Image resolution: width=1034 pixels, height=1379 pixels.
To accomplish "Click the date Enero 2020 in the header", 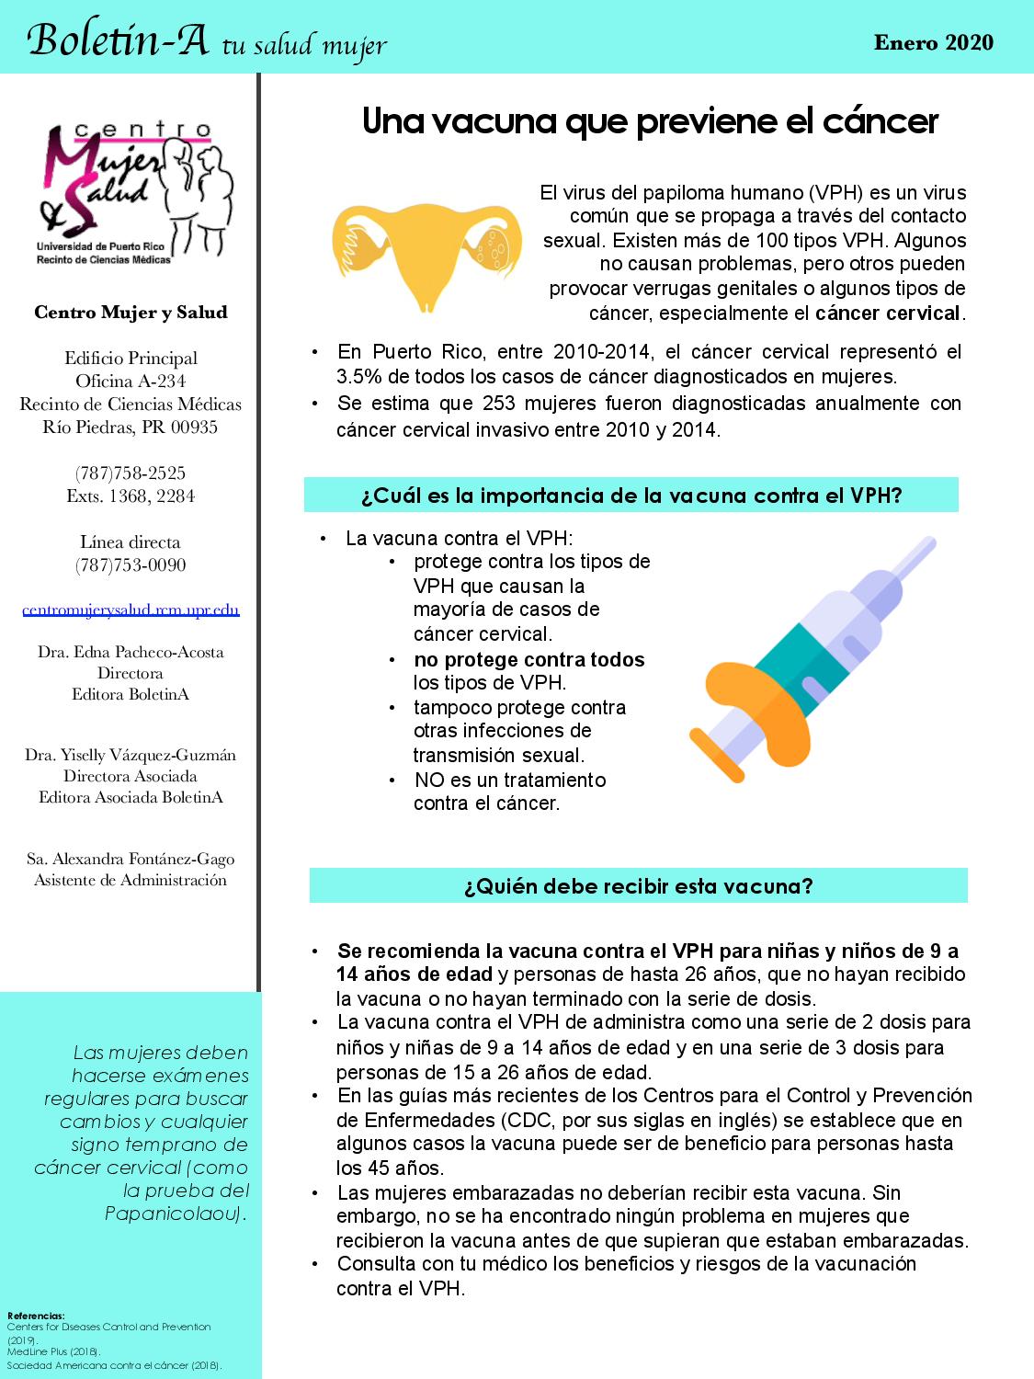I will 933,42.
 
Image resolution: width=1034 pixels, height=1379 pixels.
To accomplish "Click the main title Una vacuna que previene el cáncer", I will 650,121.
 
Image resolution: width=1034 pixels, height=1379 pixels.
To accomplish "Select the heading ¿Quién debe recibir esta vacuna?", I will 638,886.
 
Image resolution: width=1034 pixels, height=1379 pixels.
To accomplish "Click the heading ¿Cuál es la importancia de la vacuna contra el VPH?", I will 631,496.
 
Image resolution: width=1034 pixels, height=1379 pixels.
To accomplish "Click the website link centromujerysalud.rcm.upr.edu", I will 131,610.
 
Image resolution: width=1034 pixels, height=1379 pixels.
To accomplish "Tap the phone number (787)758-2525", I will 131,473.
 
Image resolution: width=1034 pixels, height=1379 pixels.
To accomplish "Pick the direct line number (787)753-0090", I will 131,564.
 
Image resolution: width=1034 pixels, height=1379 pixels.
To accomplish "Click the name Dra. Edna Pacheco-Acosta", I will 131,652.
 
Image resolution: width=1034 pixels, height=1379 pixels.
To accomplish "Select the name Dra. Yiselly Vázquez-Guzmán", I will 131,755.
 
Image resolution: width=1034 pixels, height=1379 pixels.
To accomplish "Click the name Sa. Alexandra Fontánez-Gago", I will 131,859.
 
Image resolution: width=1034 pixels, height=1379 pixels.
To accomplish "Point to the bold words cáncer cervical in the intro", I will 887,313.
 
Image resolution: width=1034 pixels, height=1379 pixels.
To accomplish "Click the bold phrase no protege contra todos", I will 529,659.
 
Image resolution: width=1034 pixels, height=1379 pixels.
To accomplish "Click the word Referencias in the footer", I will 35,1316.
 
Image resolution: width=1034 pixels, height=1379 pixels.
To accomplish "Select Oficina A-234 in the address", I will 131,381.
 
